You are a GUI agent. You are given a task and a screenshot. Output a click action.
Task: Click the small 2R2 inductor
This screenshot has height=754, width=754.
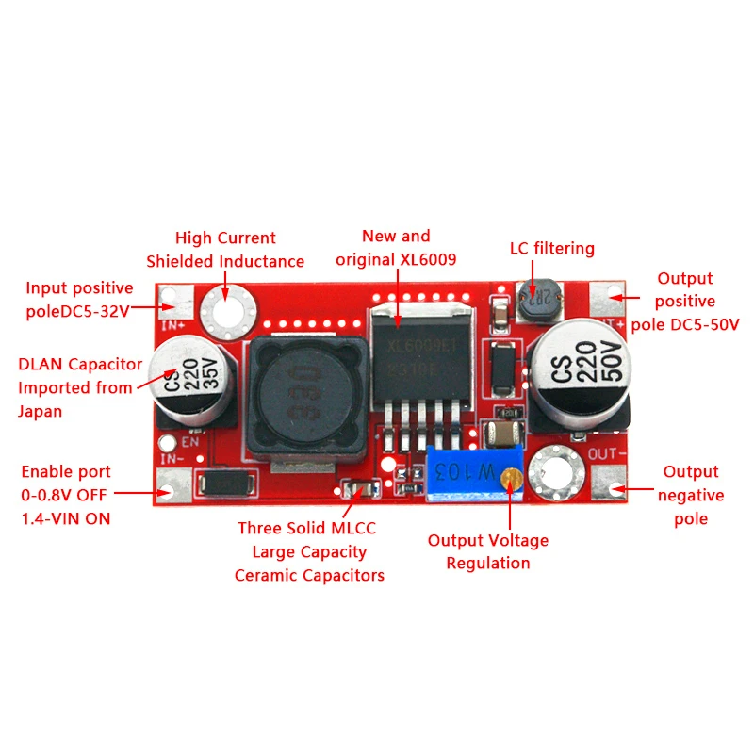click(x=537, y=299)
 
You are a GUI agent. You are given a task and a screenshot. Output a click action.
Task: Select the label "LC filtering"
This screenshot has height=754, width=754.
click(x=552, y=249)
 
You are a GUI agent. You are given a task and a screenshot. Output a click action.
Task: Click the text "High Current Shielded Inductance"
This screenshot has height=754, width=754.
click(x=225, y=250)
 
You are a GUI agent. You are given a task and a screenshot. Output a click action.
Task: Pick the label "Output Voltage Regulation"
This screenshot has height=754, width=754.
click(x=488, y=551)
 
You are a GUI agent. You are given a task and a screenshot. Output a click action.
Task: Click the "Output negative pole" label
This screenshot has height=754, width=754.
click(x=691, y=495)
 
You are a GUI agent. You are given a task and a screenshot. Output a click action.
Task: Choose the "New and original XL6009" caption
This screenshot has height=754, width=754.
click(x=396, y=247)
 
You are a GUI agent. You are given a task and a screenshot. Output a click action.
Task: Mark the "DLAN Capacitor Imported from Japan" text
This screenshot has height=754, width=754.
click(x=80, y=387)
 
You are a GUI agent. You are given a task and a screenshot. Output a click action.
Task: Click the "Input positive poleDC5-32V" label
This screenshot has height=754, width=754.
click(x=79, y=300)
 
